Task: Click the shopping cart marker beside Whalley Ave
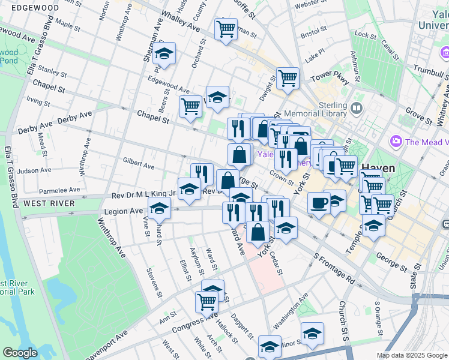click(x=226, y=28)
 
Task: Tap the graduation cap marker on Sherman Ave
click(x=164, y=53)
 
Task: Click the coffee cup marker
click(x=319, y=202)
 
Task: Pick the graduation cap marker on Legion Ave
click(x=159, y=208)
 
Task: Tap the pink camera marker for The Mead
click(x=396, y=142)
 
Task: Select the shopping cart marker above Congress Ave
click(x=207, y=301)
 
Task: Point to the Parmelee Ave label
click(x=59, y=190)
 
